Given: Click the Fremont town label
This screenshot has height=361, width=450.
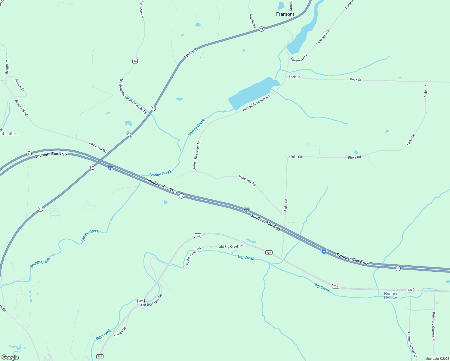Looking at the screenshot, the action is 285,14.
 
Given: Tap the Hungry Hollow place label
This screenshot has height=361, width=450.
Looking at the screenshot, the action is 390,296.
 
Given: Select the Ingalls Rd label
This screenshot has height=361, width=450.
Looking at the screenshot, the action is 252,21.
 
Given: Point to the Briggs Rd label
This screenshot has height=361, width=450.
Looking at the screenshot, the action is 7,66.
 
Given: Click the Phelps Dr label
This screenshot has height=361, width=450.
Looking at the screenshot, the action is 20,85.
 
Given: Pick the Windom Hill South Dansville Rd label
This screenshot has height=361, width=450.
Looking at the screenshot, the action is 133,97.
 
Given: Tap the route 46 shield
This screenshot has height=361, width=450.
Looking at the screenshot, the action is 135,61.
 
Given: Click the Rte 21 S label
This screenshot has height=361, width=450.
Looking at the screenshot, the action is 190,53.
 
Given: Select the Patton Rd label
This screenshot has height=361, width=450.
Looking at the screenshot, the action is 120,332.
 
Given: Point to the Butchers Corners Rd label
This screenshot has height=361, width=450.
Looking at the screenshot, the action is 433,327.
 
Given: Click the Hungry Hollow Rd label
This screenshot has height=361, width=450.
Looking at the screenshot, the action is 412,345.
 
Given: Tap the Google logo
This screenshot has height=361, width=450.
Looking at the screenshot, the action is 10,357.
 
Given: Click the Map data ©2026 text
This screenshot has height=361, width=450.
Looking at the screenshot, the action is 437,359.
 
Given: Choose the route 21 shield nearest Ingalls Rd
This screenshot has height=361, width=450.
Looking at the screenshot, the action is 262,29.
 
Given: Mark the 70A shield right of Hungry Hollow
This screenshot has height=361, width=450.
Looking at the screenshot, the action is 410,290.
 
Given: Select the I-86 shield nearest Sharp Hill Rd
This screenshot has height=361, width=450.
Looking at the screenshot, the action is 110,168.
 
